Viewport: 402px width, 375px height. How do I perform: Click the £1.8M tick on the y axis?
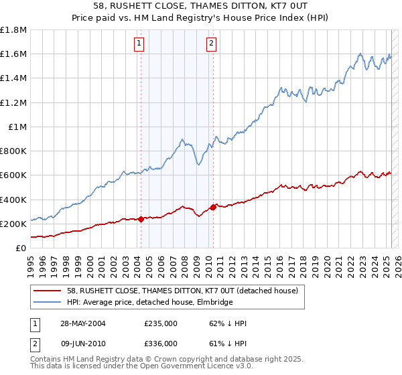14,30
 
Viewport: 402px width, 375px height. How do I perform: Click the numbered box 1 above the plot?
139,45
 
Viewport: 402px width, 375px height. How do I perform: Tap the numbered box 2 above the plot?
211,45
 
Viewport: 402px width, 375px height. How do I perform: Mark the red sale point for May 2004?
141,219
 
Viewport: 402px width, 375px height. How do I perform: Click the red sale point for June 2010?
213,207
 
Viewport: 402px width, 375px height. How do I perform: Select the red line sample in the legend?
48,290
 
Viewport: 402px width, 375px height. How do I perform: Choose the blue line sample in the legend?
48,302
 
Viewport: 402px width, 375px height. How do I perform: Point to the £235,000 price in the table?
161,323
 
